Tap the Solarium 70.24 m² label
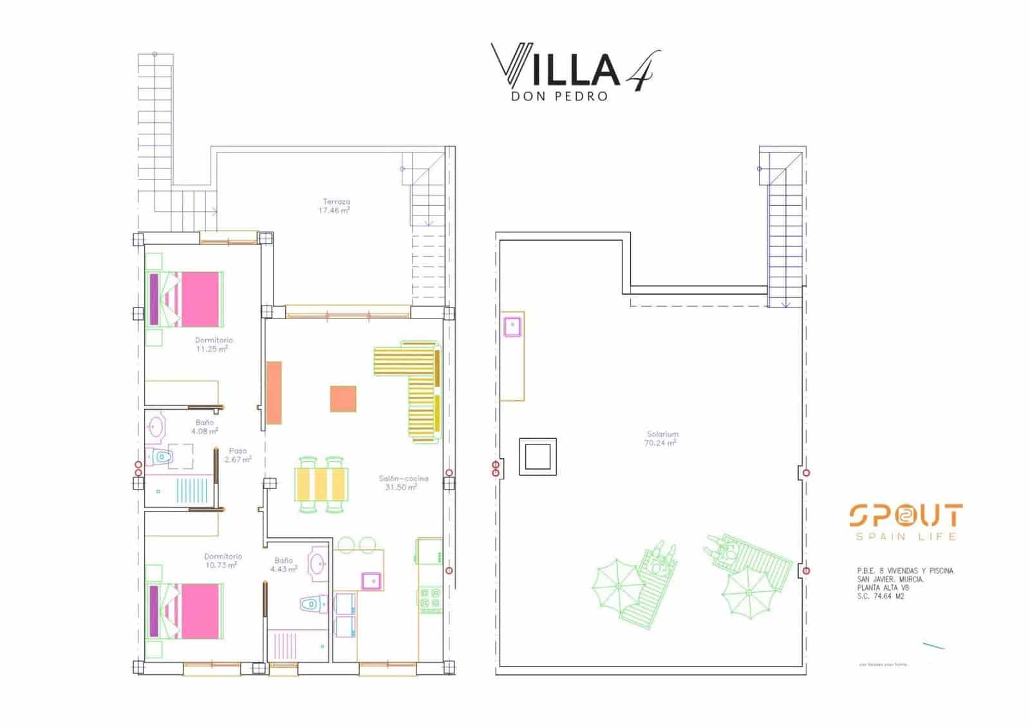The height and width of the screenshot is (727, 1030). coord(662,439)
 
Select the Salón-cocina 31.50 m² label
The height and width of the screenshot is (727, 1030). coord(403,483)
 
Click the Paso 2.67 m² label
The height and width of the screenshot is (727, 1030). coord(238,456)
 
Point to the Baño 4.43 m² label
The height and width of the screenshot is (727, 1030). coord(283,565)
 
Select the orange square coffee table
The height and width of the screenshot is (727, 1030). coord(343,399)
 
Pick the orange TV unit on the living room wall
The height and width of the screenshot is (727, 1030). coord(274,392)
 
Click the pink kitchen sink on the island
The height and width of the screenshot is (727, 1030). coord(371,581)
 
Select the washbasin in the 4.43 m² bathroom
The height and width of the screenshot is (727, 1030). coord(317,564)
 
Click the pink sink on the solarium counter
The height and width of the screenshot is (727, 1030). coord(512,327)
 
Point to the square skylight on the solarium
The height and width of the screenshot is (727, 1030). coord(538,457)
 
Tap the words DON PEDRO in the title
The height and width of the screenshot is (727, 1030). coord(559,97)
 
